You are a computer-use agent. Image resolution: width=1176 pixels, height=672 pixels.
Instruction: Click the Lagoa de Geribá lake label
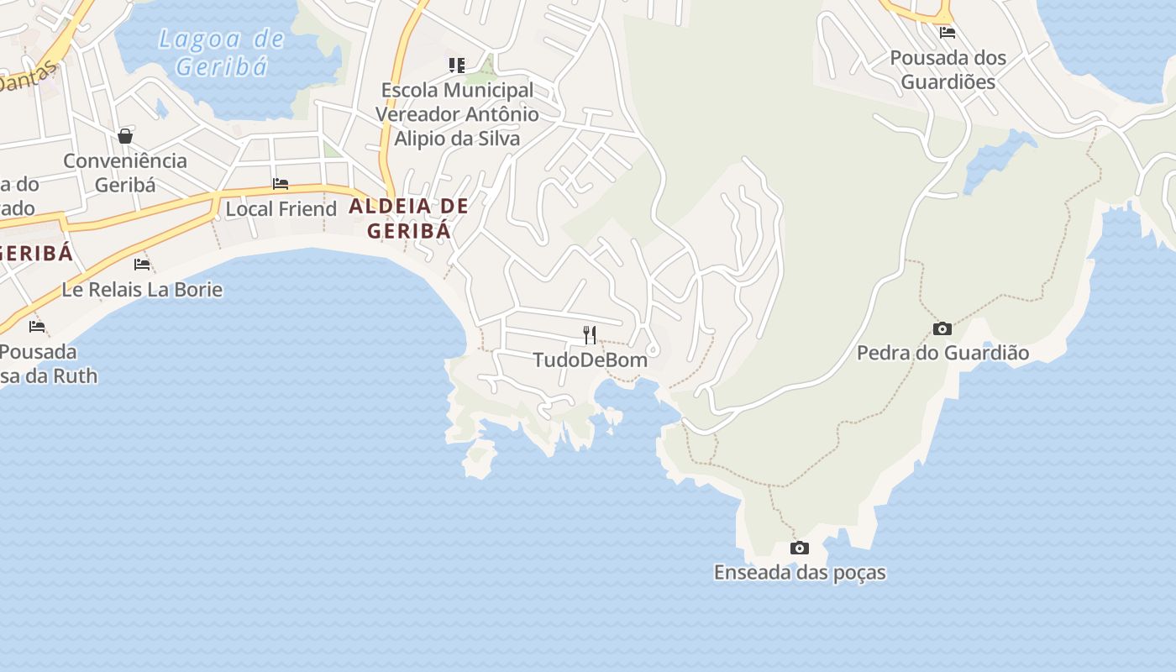pyautogui.click(x=222, y=52)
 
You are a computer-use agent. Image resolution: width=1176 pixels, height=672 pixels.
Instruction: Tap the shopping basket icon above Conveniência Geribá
pyautogui.click(x=125, y=136)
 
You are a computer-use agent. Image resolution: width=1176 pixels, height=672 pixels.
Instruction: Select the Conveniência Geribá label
pyautogui.click(x=125, y=172)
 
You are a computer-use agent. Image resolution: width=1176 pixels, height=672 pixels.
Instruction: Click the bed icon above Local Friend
pyautogui.click(x=281, y=184)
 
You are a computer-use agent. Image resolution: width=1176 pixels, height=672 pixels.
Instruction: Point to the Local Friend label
pyautogui.click(x=281, y=208)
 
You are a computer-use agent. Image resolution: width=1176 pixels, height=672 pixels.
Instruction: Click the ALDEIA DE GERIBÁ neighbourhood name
pyautogui.click(x=409, y=218)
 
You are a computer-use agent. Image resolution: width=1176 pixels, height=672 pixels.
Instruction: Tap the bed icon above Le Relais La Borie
pyautogui.click(x=142, y=265)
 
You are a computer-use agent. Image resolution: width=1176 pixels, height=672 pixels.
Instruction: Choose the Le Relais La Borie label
pyautogui.click(x=142, y=290)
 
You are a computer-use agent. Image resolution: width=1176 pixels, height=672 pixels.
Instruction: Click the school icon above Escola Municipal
pyautogui.click(x=457, y=65)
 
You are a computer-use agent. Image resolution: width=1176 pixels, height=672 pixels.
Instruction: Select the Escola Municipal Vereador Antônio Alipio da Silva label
pyautogui.click(x=457, y=114)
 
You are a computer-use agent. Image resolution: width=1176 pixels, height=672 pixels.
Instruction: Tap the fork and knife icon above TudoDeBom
pyautogui.click(x=590, y=335)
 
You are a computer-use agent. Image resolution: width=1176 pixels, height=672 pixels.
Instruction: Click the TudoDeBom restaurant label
pyautogui.click(x=590, y=360)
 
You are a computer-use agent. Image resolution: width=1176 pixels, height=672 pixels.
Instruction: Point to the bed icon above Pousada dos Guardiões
pyautogui.click(x=948, y=33)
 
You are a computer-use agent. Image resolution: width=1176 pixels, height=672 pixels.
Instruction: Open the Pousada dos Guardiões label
pyautogui.click(x=948, y=70)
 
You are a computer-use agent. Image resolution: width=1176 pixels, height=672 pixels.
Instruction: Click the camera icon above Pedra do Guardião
pyautogui.click(x=942, y=328)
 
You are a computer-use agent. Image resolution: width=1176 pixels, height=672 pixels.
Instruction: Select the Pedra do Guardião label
pyautogui.click(x=942, y=353)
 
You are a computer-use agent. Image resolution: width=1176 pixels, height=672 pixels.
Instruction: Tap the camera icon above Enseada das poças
pyautogui.click(x=800, y=549)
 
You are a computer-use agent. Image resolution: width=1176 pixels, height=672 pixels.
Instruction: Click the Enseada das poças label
pyautogui.click(x=800, y=573)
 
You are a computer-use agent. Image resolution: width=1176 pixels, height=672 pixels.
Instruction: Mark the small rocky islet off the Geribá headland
pyautogui.click(x=480, y=458)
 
